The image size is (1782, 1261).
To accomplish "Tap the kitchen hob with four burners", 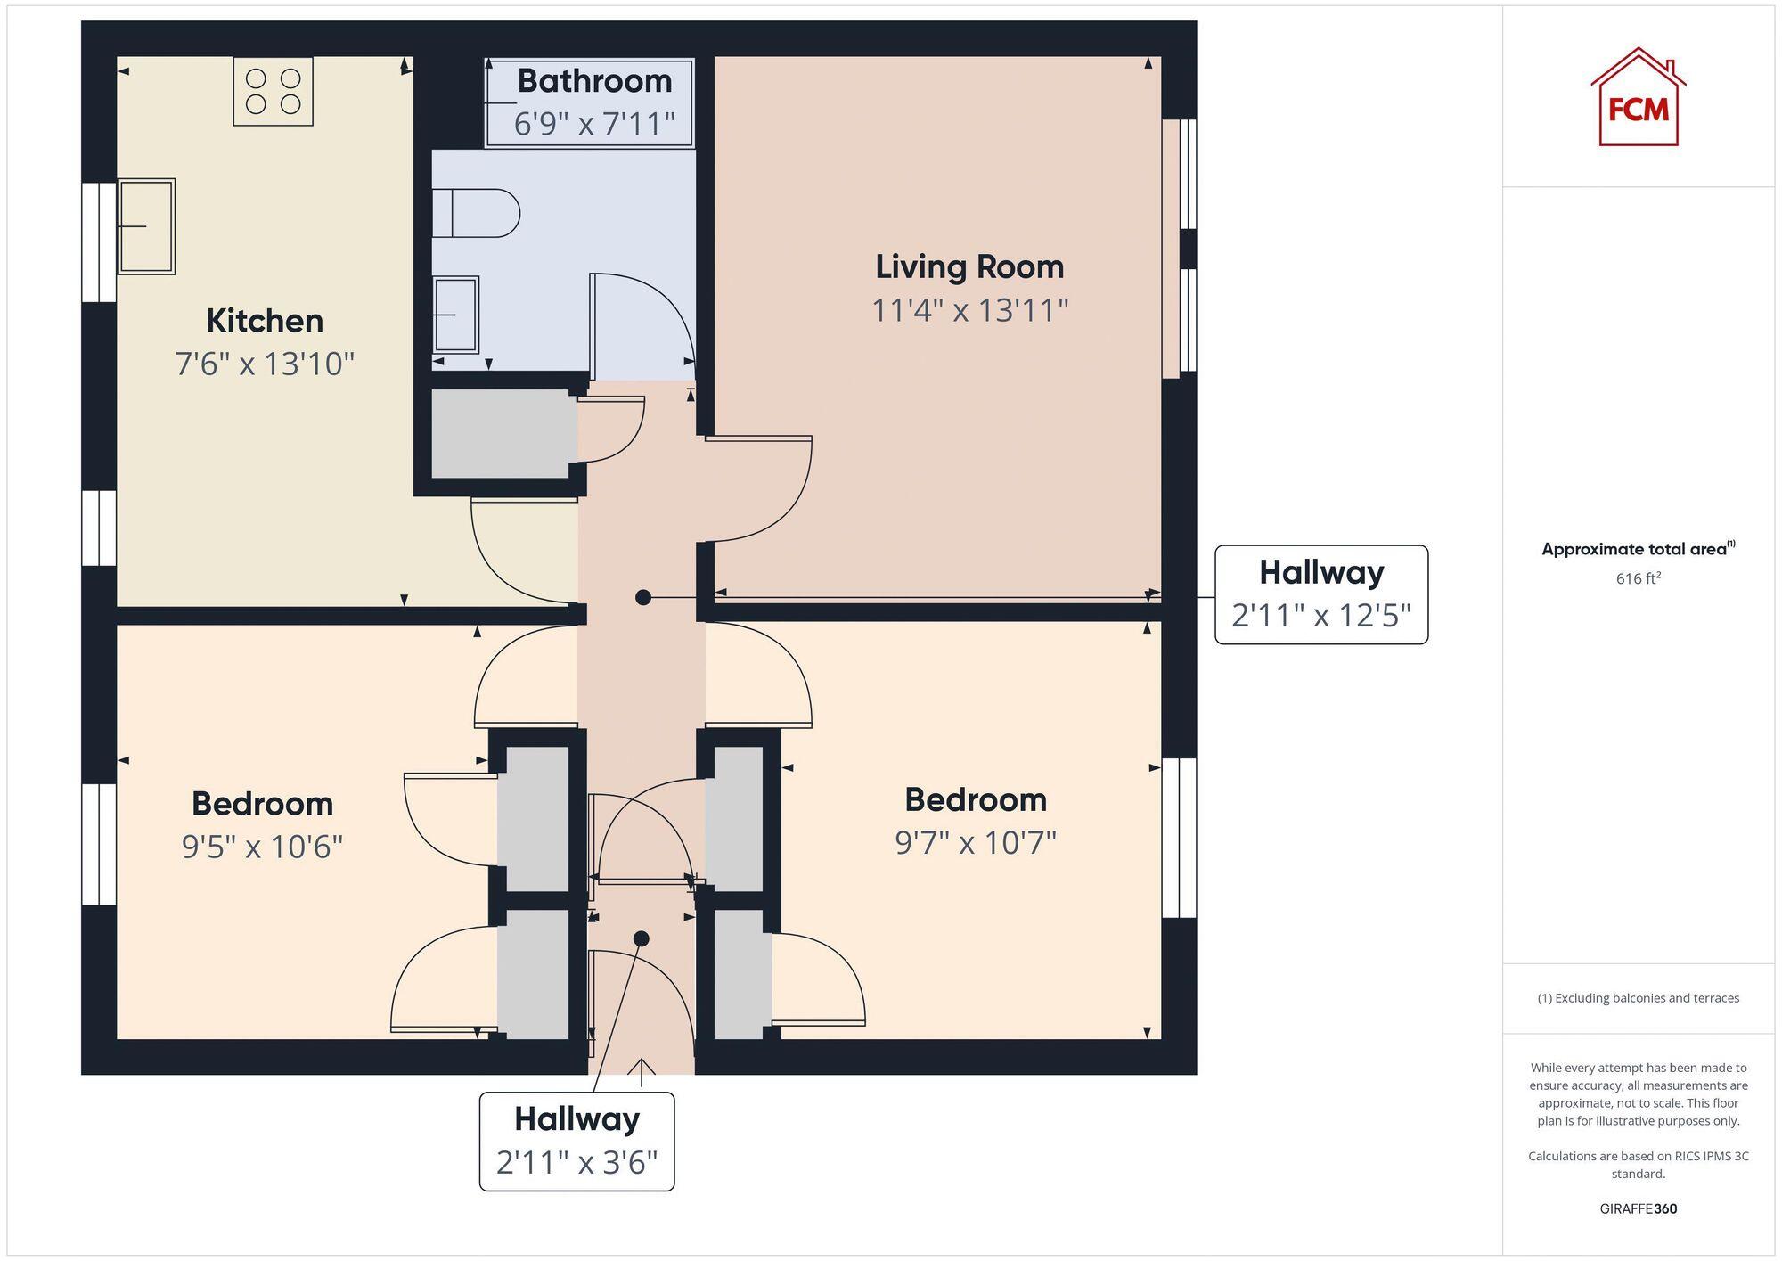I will click(x=273, y=91).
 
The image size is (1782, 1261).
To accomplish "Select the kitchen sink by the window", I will click(x=146, y=226).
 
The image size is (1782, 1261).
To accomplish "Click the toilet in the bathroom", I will click(x=476, y=213).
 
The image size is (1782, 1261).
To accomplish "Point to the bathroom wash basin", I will click(x=456, y=315).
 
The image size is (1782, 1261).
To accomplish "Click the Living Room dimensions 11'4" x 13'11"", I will click(x=969, y=310).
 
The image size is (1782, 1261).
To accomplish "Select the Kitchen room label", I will click(x=265, y=321).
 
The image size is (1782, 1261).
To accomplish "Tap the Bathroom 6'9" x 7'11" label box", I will click(x=589, y=102).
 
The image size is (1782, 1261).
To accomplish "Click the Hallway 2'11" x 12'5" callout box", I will click(x=1320, y=594).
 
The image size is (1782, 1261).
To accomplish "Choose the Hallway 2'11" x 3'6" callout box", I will click(x=576, y=1141).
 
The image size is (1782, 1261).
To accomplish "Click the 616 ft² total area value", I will click(x=1638, y=578).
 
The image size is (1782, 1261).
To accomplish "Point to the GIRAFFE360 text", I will click(x=1638, y=1208).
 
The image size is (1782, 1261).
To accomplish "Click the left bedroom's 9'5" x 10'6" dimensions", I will click(x=262, y=846).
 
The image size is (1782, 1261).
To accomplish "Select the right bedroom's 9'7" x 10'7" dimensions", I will click(x=975, y=841).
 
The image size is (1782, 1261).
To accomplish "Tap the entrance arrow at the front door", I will click(x=641, y=1069).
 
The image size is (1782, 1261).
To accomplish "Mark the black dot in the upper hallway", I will click(x=642, y=598).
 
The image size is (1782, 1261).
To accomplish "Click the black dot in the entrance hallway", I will click(x=641, y=938).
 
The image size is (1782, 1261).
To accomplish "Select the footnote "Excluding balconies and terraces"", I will click(x=1638, y=998).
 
